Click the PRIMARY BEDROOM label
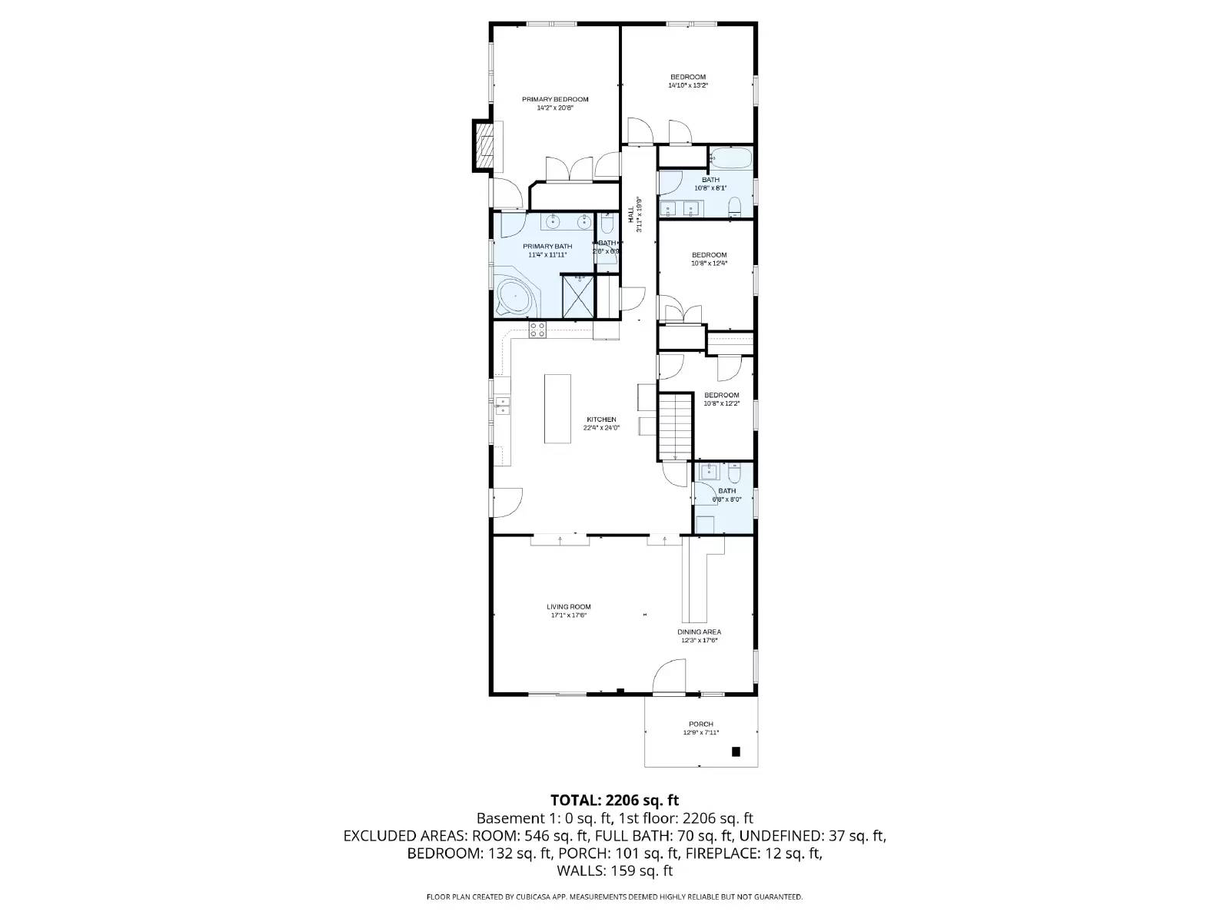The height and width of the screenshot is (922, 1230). [555, 99]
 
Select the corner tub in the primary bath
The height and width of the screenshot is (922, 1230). [514, 297]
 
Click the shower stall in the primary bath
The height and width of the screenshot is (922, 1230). [577, 297]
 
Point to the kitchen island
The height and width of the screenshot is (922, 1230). [558, 408]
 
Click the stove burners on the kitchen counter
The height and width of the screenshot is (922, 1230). [537, 330]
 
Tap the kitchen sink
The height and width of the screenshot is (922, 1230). [503, 405]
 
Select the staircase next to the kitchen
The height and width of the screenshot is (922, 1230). [676, 426]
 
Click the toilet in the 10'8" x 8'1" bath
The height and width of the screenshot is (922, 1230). [734, 206]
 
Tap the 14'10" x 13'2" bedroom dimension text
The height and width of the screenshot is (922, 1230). [687, 85]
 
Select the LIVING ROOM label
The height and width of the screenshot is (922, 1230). [569, 607]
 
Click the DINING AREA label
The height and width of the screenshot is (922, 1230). [699, 632]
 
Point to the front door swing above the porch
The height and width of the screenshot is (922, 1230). [666, 676]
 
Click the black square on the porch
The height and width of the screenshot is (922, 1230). [736, 751]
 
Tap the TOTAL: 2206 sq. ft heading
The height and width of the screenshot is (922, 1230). [614, 801]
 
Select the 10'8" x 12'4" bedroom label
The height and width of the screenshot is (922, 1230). [709, 255]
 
